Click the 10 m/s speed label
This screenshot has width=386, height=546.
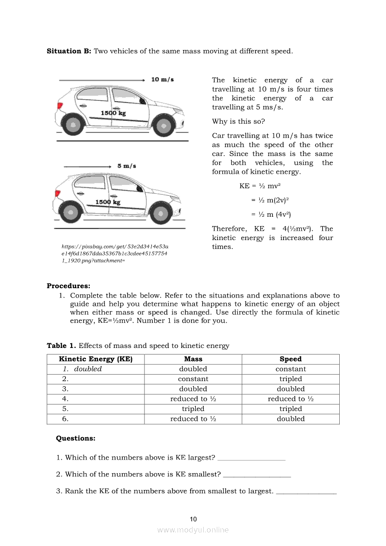pyautogui.click(x=163, y=79)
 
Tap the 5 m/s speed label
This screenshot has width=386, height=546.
pyautogui.click(x=127, y=166)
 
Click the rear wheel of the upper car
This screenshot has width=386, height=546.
pyautogui.click(x=73, y=124)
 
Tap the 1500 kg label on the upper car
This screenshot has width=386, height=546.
pyautogui.click(x=113, y=113)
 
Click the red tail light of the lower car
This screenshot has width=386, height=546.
pyautogui.click(x=58, y=193)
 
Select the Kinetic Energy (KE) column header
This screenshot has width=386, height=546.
pyautogui.click(x=95, y=359)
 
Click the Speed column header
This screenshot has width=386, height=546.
pyautogui.click(x=291, y=359)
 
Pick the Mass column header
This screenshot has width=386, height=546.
pyautogui.click(x=193, y=359)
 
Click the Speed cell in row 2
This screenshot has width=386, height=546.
pyautogui.click(x=291, y=379)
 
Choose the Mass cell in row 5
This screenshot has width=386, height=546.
pyautogui.click(x=193, y=409)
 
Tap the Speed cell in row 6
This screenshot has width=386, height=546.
pyautogui.click(x=291, y=419)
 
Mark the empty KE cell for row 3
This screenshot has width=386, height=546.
pyautogui.click(x=95, y=389)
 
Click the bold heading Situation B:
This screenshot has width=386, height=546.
pyautogui.click(x=69, y=51)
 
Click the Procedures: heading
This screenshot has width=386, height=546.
pyautogui.click(x=68, y=286)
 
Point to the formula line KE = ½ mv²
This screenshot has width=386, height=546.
pyautogui.click(x=260, y=186)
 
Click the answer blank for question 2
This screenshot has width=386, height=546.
pyautogui.click(x=257, y=475)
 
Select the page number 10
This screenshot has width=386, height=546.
pyautogui.click(x=193, y=519)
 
